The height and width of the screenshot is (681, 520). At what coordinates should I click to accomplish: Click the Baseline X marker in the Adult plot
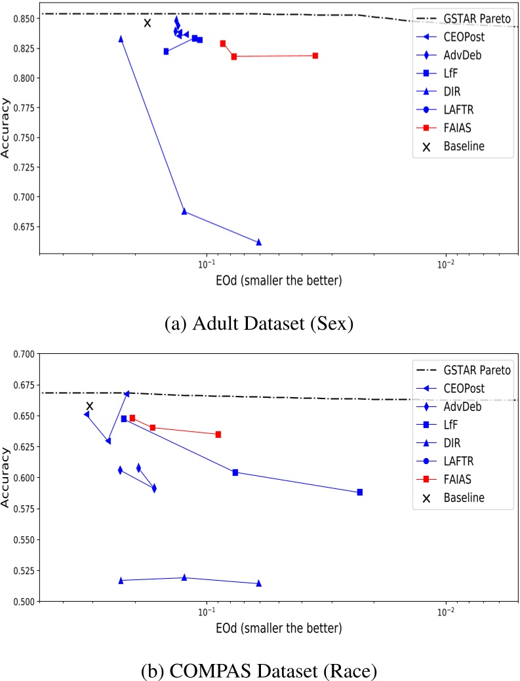click(x=148, y=23)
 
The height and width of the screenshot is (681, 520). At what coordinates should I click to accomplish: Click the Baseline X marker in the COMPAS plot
click(x=90, y=406)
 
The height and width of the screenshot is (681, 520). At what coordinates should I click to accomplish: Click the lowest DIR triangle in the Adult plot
click(x=258, y=242)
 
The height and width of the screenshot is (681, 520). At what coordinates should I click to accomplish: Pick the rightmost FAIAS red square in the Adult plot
click(x=315, y=56)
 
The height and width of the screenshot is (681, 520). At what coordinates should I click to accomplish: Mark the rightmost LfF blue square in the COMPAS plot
click(x=360, y=492)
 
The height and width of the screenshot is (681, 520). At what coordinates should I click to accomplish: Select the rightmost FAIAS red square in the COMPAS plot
click(x=218, y=435)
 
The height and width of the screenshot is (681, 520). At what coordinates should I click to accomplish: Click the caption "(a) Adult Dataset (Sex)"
click(x=259, y=322)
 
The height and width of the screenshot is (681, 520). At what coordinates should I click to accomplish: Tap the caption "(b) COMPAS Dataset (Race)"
click(x=260, y=671)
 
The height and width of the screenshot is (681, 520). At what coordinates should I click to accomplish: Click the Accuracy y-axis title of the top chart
click(x=7, y=135)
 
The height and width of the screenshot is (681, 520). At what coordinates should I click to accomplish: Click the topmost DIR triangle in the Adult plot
click(x=121, y=39)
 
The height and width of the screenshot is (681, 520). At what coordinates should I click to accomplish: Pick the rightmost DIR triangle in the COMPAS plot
click(x=258, y=583)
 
